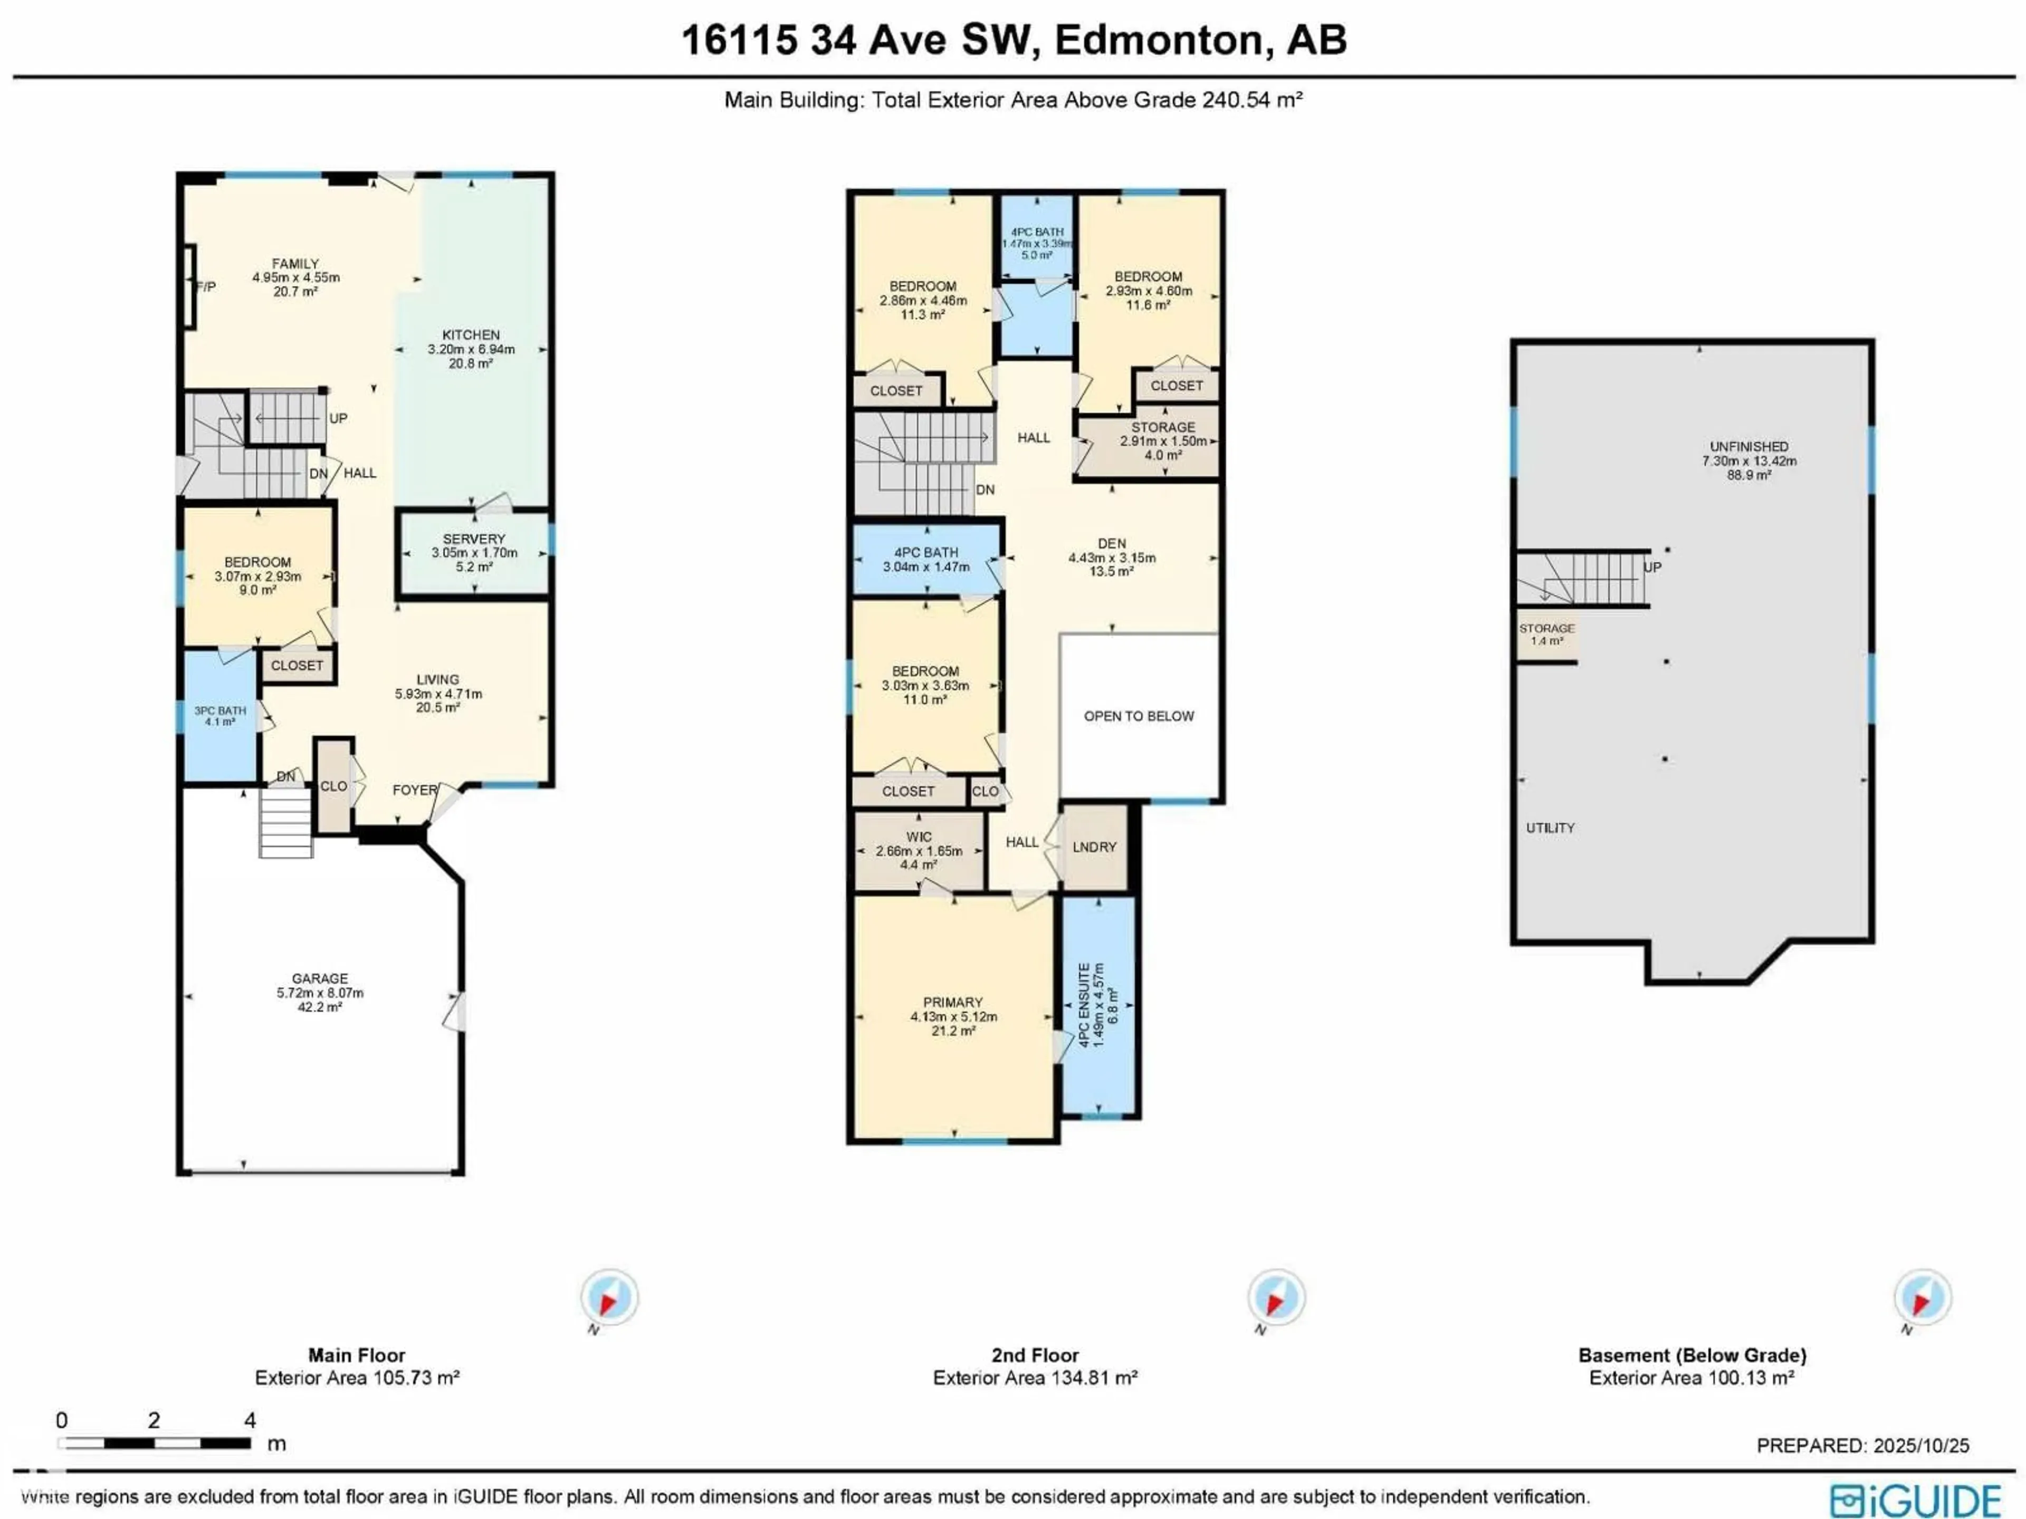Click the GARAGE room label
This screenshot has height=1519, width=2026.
[320, 979]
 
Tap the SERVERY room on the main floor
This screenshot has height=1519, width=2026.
[474, 552]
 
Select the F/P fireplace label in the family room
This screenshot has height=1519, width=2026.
[206, 286]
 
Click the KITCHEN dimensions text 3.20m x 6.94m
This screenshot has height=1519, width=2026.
[471, 349]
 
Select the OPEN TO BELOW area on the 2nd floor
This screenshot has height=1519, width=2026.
[1139, 716]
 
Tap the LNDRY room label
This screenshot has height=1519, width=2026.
[1095, 847]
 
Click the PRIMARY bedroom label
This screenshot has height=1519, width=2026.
[952, 1003]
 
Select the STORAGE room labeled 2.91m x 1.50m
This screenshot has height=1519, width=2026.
[1162, 440]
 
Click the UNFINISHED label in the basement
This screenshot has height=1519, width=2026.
[1748, 447]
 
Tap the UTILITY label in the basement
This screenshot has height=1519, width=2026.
[1550, 828]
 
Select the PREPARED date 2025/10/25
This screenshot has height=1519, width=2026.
[1920, 1445]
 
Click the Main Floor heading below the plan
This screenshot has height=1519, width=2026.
[356, 1355]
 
